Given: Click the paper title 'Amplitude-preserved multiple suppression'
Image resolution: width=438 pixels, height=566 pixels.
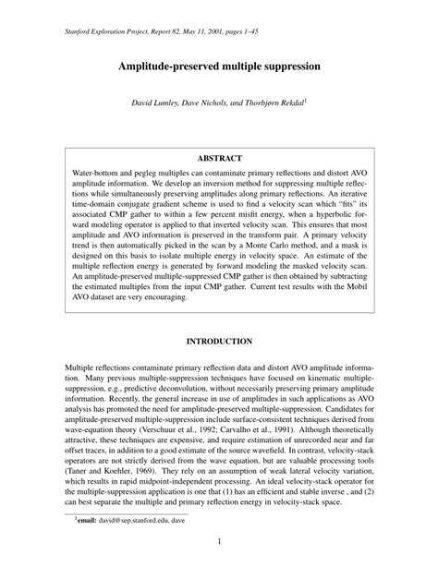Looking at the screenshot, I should (219, 67).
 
